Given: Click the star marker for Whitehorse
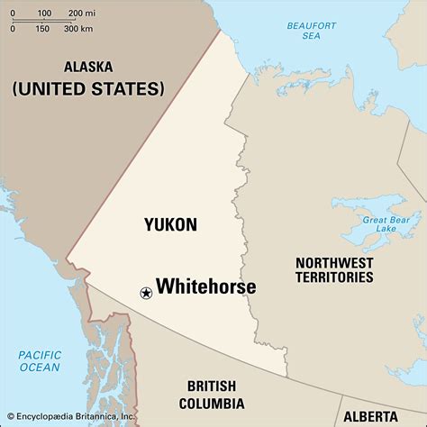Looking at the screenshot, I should click(x=145, y=292).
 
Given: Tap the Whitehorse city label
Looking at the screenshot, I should click(x=206, y=287).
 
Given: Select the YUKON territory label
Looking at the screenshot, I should click(x=170, y=225).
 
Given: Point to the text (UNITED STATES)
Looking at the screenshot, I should click(x=88, y=89).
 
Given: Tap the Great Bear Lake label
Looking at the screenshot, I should click(x=386, y=223).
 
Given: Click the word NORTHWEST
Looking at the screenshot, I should click(x=334, y=262).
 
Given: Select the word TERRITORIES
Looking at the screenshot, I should click(x=334, y=278).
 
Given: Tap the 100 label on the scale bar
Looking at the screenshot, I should click(x=43, y=13).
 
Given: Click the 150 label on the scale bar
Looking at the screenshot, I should click(x=41, y=29).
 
